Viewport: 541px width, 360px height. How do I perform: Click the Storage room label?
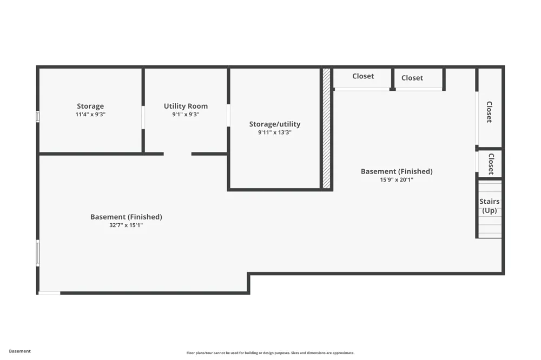[90, 106]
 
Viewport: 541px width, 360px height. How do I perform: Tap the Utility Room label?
[186, 106]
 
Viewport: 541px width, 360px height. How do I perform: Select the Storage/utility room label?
[275, 124]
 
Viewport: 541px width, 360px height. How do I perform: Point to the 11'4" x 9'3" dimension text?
[90, 115]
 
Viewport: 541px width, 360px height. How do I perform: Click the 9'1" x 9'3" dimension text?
[186, 115]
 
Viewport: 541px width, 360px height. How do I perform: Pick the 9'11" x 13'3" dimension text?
[275, 132]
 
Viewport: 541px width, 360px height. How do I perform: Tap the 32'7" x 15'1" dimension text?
[126, 225]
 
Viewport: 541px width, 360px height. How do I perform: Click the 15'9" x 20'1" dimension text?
[397, 179]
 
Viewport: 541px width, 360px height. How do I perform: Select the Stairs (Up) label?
[489, 206]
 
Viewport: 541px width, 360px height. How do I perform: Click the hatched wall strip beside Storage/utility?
[326, 128]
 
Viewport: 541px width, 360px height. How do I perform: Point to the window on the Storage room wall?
[38, 117]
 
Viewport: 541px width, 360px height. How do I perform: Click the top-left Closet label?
[363, 76]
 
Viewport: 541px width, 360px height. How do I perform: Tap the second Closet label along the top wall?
[412, 78]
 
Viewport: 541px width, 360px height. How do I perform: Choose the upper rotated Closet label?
[489, 112]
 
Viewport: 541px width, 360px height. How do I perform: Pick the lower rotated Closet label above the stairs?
[491, 164]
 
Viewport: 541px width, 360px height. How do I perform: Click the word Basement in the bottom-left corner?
[19, 351]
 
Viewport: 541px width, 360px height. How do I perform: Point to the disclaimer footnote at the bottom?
[270, 353]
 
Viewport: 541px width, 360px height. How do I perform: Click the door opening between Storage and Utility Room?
[143, 117]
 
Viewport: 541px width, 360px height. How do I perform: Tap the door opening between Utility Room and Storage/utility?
[228, 115]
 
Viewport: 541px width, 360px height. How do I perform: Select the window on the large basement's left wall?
[38, 253]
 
